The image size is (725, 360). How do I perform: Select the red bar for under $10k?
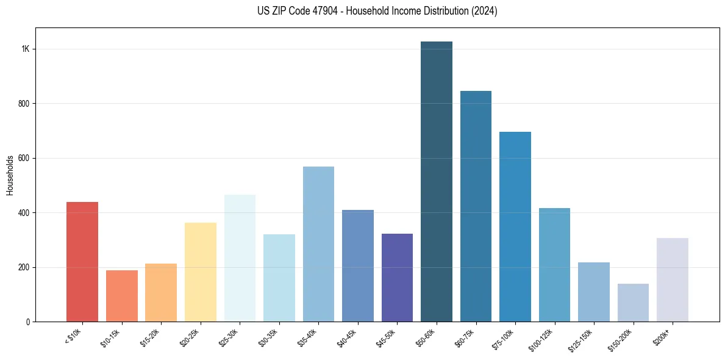tap(82, 262)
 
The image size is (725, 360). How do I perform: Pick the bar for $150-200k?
tap(633, 303)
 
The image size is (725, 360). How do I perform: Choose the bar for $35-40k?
tap(318, 244)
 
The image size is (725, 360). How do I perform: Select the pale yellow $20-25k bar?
tap(201, 272)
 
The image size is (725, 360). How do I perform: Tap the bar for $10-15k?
tap(122, 296)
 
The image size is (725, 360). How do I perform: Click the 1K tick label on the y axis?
tap(25, 49)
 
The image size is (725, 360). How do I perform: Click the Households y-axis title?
tap(10, 175)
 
